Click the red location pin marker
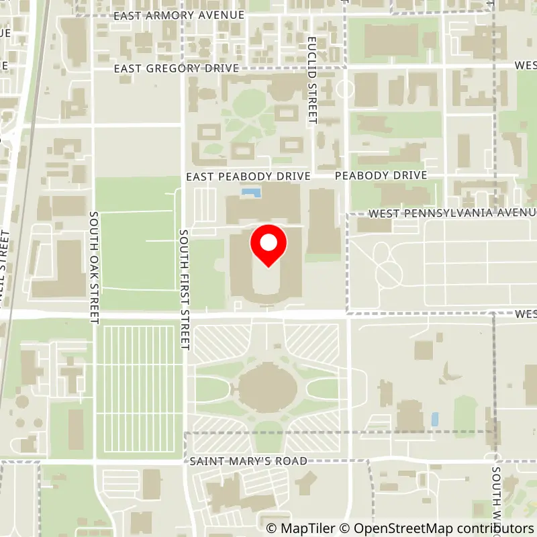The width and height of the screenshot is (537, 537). pyautogui.click(x=268, y=246)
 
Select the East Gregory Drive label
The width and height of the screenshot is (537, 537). pyautogui.click(x=177, y=68)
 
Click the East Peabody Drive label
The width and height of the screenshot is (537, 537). pyautogui.click(x=248, y=176)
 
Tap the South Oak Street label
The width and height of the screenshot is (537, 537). pyautogui.click(x=94, y=266)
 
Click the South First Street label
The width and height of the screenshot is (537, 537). pyautogui.click(x=184, y=289)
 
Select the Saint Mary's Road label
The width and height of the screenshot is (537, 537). pyautogui.click(x=248, y=461)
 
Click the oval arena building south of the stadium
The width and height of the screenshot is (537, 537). pyautogui.click(x=268, y=388)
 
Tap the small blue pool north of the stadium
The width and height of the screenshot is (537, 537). pyautogui.click(x=251, y=193)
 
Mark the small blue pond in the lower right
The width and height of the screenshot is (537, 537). pyautogui.click(x=435, y=420)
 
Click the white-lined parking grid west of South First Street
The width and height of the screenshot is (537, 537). pyautogui.click(x=140, y=389)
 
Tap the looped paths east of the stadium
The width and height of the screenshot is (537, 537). pyautogui.click(x=387, y=264)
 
